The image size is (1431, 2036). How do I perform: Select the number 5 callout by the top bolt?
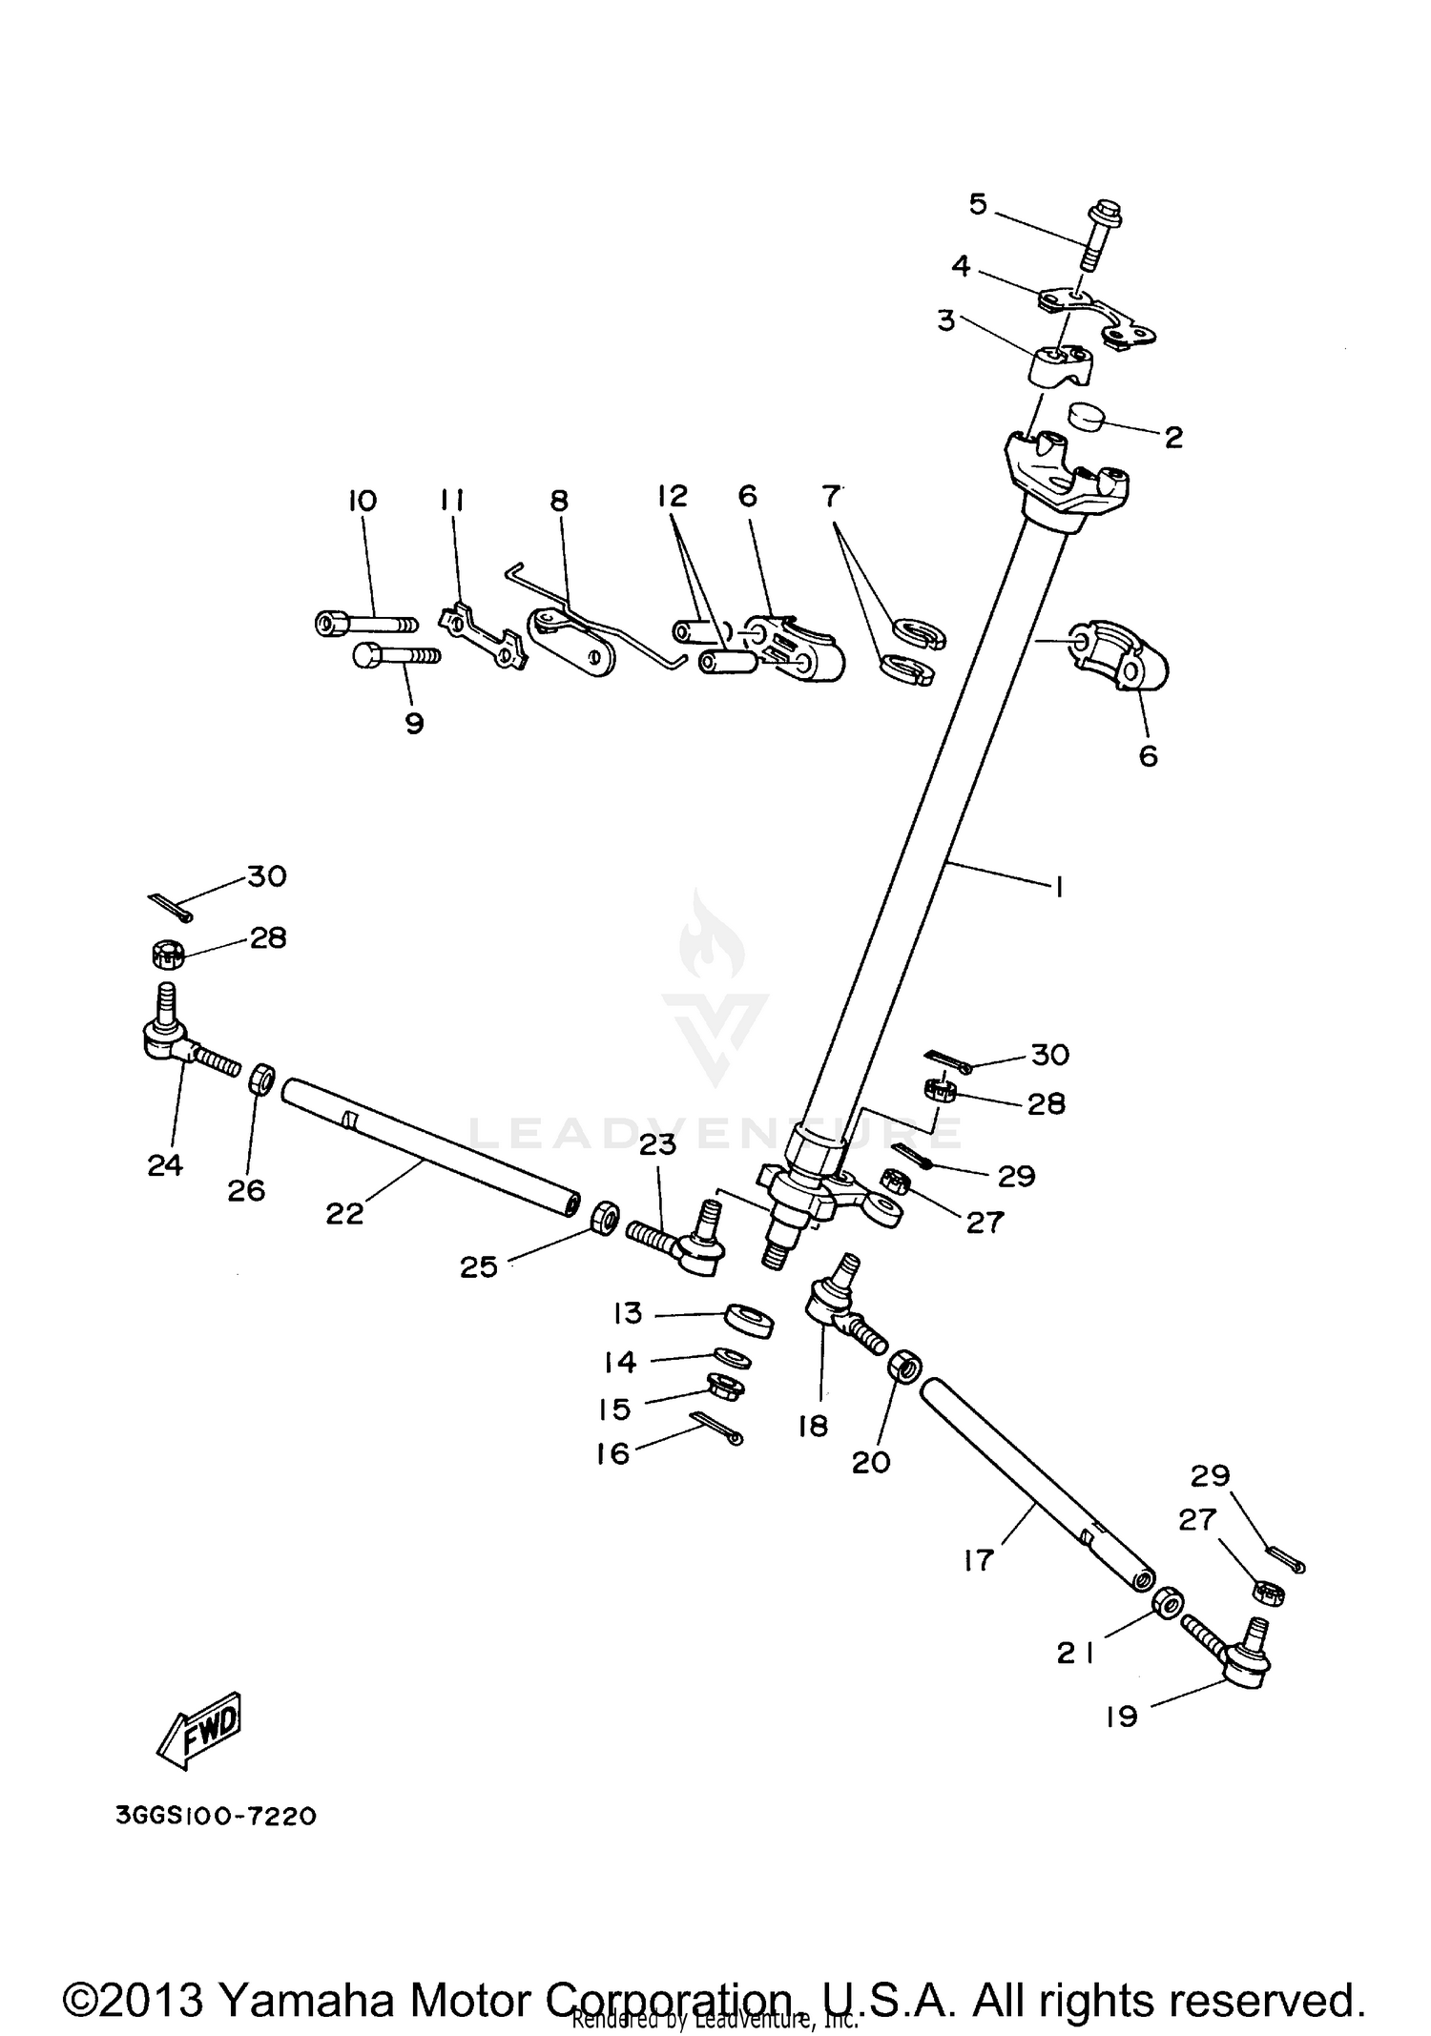[978, 204]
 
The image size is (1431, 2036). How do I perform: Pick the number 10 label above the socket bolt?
[363, 501]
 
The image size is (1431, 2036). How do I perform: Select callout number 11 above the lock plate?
[452, 500]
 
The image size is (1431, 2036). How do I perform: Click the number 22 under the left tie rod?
[344, 1213]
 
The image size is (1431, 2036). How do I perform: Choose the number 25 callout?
[479, 1266]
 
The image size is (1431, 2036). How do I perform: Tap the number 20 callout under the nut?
[870, 1462]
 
